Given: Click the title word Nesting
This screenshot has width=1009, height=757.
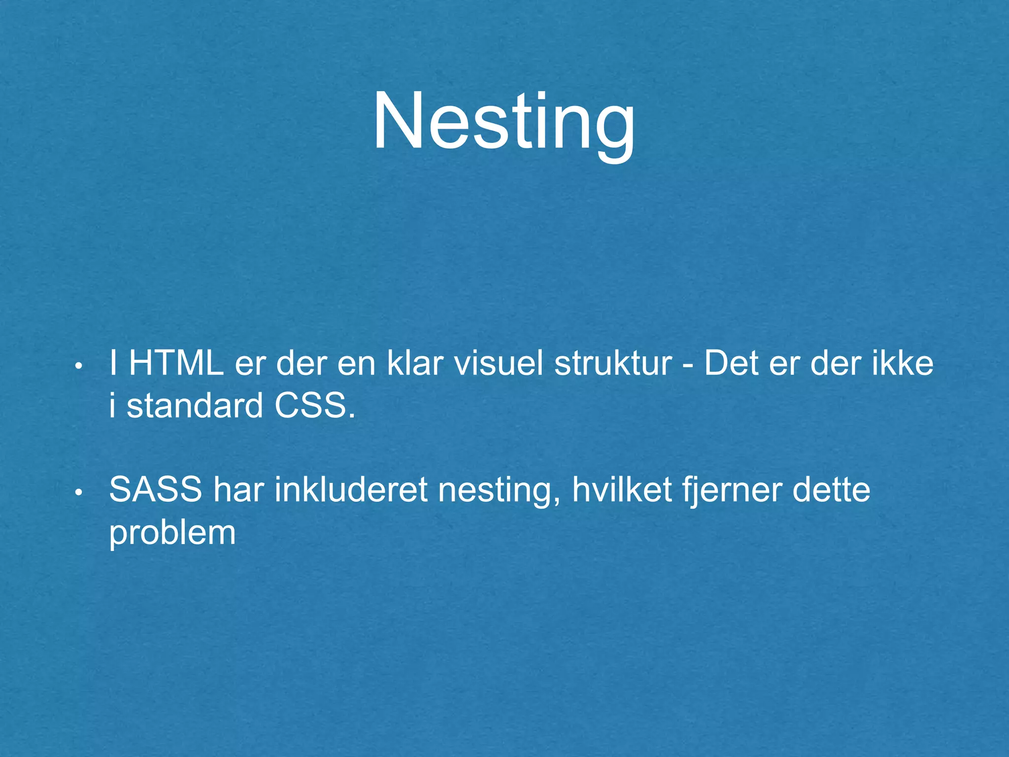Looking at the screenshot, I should click(504, 122).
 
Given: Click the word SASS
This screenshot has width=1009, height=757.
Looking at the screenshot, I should click(156, 490).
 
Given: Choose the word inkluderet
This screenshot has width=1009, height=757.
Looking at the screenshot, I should click(351, 490).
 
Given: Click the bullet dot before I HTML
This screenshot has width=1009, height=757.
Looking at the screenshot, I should click(78, 367).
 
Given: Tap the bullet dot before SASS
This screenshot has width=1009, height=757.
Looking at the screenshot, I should click(78, 493).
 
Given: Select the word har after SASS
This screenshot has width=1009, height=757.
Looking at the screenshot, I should click(238, 490).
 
